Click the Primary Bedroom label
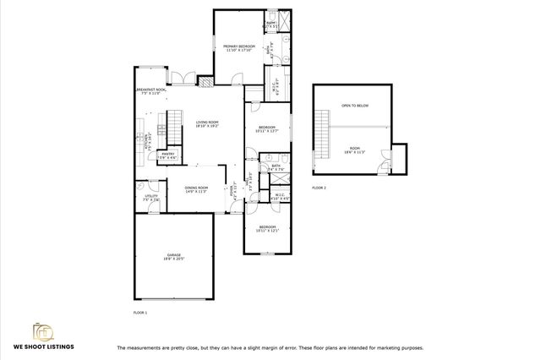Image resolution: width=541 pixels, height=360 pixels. (240, 48)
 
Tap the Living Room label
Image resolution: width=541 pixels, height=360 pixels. (208, 123)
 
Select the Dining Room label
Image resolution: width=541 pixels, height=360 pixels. (196, 189)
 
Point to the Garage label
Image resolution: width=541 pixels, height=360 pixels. (174, 256)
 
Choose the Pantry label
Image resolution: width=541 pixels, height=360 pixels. (168, 155)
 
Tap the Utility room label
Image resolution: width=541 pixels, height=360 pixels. (151, 198)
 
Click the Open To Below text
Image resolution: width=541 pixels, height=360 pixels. (354, 106)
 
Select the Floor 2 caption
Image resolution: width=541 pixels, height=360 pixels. (319, 187)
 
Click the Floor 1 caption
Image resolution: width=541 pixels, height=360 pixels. (140, 313)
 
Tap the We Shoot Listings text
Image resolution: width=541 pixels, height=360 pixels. (43, 346)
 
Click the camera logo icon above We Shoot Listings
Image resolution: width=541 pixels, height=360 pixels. (43, 330)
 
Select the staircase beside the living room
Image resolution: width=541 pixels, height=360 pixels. (175, 129)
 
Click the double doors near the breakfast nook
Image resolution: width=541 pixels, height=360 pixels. (180, 79)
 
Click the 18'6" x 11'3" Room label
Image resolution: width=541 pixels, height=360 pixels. (352, 150)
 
